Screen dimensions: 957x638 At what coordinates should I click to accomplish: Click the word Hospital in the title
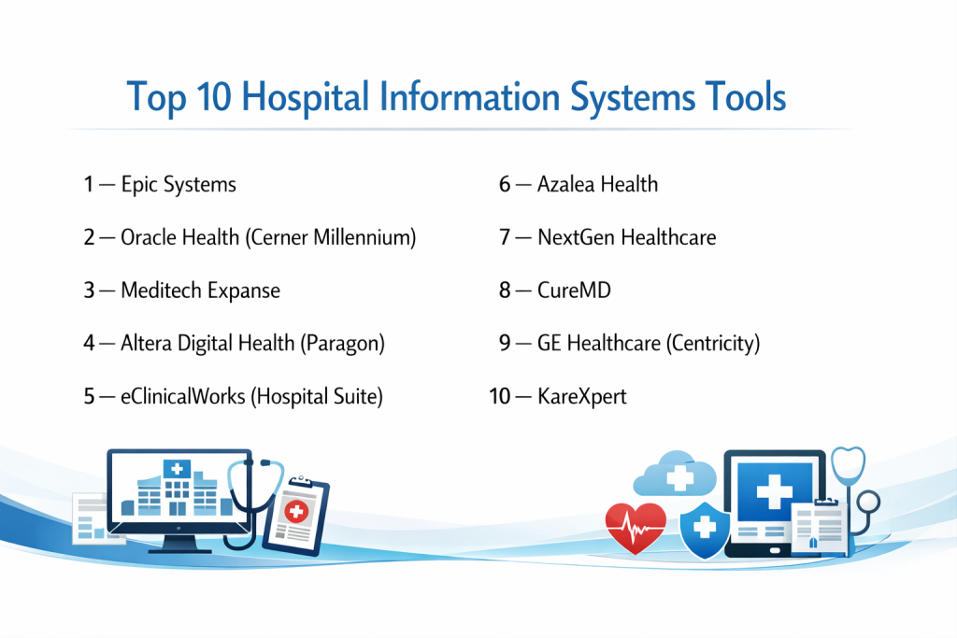coord(306,97)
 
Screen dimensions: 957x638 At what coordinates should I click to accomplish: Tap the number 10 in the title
coord(214,96)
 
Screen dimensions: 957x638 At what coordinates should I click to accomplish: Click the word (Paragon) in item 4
coord(342,344)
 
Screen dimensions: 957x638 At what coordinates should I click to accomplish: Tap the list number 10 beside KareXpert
coord(500,396)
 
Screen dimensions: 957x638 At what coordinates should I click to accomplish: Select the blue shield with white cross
coord(705,530)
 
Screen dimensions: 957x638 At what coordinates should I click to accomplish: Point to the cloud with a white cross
coord(675,474)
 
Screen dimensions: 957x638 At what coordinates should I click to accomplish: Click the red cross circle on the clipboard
coord(296,511)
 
